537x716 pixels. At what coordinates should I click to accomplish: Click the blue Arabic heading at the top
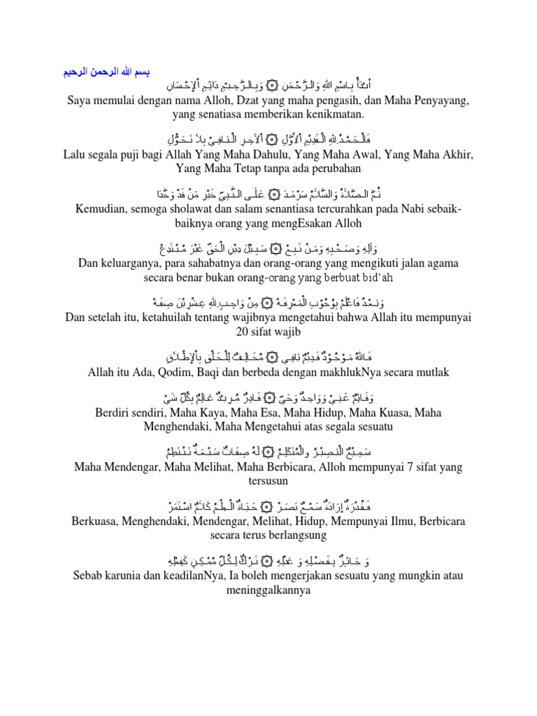tap(103, 72)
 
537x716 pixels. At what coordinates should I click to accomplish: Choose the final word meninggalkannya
tap(268, 589)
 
